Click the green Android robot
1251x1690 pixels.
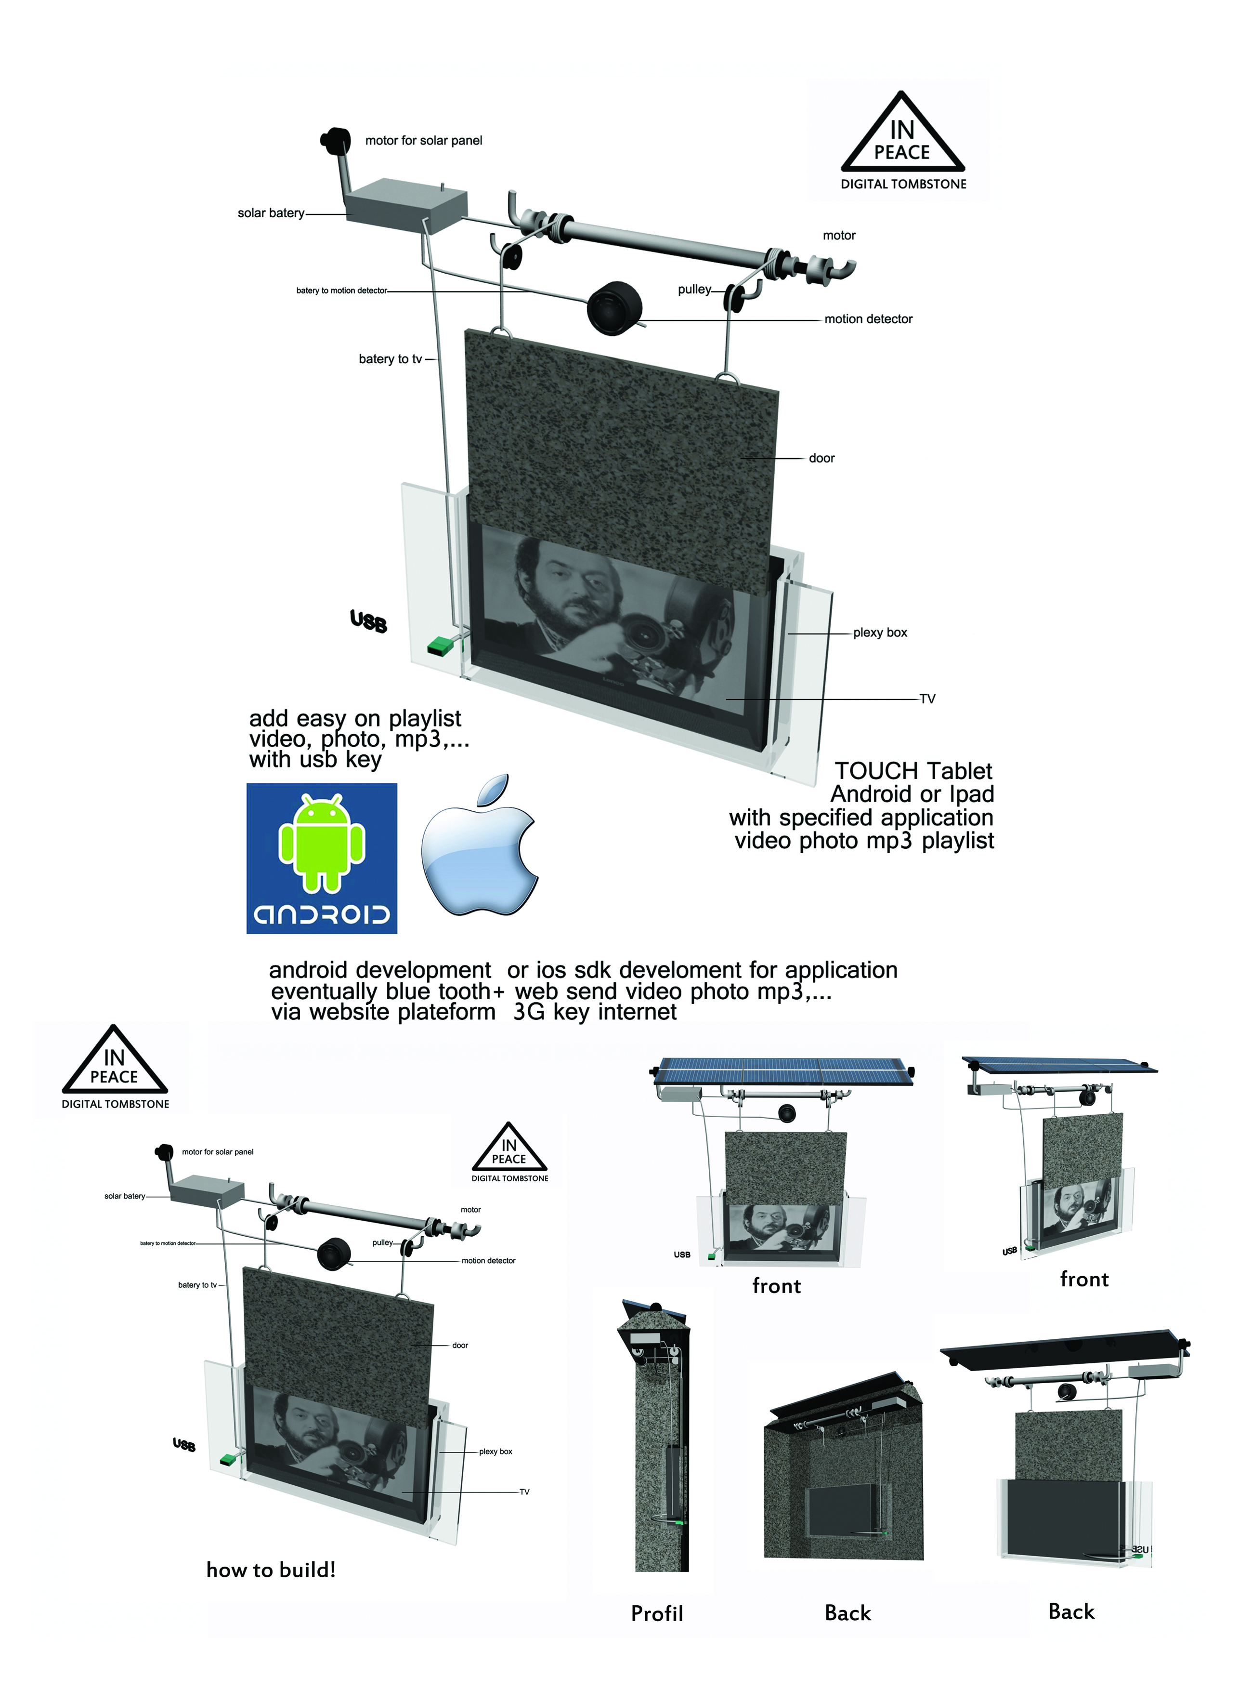click(x=322, y=842)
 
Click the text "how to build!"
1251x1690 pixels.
click(x=270, y=1570)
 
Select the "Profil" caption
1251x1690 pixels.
click(x=656, y=1613)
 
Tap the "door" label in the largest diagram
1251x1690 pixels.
click(x=821, y=458)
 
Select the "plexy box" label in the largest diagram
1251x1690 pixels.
click(x=879, y=633)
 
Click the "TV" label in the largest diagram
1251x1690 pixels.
click(x=927, y=699)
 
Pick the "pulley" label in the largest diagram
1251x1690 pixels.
click(x=694, y=290)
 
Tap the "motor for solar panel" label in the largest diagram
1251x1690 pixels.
click(x=423, y=141)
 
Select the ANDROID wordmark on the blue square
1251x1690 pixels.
click(x=322, y=914)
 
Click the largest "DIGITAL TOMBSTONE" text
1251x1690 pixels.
click(x=903, y=184)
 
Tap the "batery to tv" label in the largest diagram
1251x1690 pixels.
click(x=390, y=359)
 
